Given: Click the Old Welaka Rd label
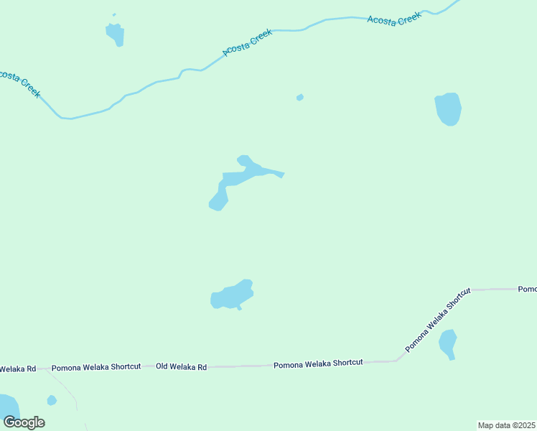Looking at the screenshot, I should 182,366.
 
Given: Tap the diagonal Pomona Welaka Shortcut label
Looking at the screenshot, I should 438,320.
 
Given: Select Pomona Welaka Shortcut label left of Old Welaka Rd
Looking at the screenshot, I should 96,366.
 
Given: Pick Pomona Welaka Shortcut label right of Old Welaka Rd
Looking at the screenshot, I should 318,363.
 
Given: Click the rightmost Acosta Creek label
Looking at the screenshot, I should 393,19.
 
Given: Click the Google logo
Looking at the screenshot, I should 24,422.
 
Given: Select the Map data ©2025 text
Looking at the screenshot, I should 506,425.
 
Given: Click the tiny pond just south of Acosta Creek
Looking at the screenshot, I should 299,97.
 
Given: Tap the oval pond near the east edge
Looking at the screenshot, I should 448,109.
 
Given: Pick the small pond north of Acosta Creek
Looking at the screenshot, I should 115,33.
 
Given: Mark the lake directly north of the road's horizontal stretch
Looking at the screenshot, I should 232,295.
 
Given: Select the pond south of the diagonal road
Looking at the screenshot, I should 448,343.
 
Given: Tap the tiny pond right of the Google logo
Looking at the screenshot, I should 51,400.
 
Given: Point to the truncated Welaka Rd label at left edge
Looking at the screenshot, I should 17,369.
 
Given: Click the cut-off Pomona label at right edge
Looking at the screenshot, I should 528,289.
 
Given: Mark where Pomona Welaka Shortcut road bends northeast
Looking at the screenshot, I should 397,360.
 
